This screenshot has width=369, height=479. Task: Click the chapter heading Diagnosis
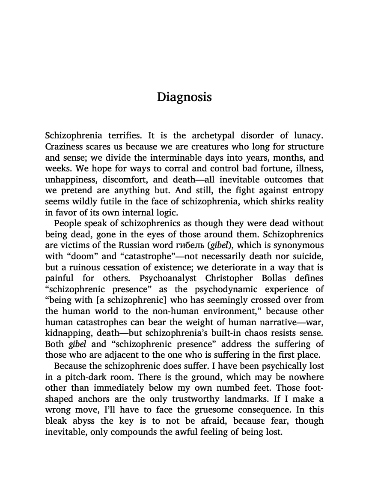point(184,97)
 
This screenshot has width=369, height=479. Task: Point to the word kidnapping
point(66,333)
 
